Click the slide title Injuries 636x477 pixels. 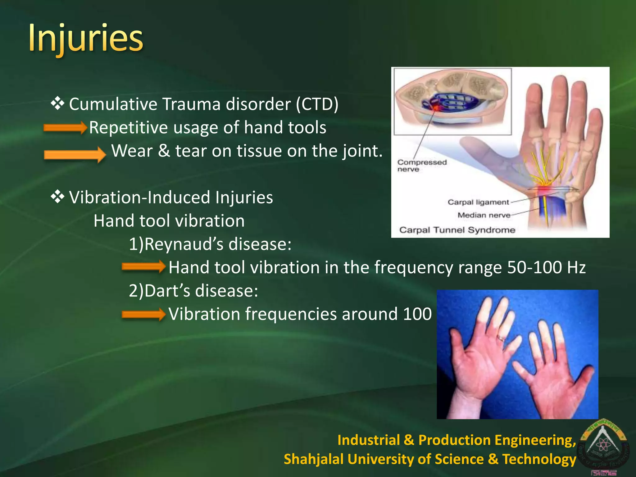86,39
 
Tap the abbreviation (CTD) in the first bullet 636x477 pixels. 317,104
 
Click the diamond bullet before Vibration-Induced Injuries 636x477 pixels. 57,197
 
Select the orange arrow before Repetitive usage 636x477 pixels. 65,128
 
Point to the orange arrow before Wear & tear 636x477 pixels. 75,154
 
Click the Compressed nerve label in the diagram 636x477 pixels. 421,166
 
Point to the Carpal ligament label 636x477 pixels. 478,202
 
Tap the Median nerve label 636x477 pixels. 484,215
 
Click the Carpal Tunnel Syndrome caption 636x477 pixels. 457,230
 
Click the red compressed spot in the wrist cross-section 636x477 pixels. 436,108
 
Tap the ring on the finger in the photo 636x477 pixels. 501,338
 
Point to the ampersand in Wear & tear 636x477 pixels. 164,151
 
